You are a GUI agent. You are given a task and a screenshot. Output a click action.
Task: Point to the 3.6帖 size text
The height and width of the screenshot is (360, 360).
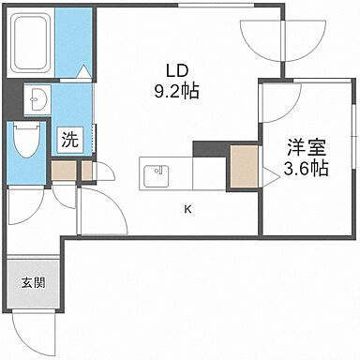point(307,170)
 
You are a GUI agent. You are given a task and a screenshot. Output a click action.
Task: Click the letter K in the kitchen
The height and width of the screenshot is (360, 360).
point(187,209)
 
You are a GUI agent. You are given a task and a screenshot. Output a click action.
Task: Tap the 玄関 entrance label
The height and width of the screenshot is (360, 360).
point(32,282)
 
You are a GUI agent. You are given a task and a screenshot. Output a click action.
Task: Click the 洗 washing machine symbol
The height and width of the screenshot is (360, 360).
point(70,142)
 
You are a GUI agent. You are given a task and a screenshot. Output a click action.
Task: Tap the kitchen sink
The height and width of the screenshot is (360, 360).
point(155,173)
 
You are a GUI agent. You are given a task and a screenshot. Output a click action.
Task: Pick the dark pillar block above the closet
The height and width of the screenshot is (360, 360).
point(210,148)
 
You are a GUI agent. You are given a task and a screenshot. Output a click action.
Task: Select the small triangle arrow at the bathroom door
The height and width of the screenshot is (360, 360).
point(83,71)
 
